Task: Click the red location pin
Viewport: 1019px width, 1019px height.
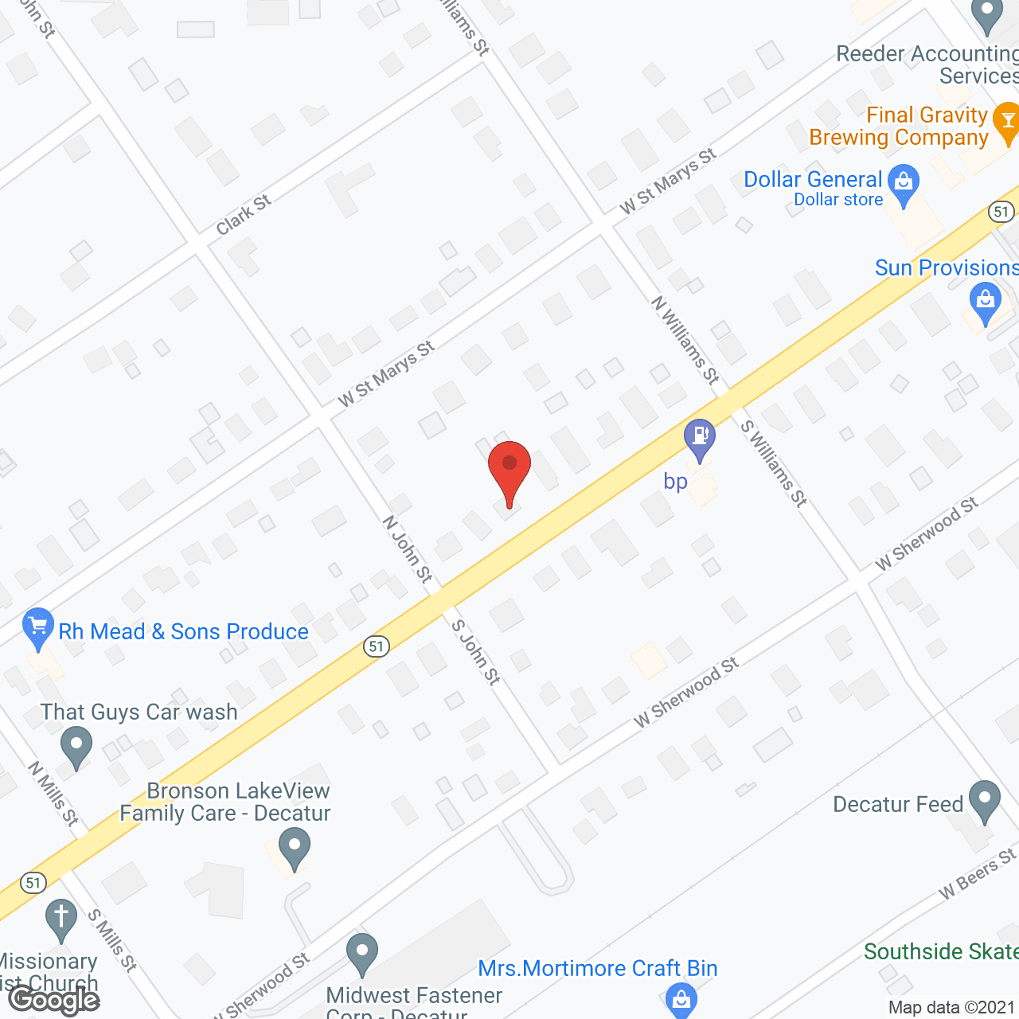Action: click(x=509, y=470)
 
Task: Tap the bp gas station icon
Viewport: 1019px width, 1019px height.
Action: click(x=700, y=437)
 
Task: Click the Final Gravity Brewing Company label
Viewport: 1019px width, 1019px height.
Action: click(x=899, y=127)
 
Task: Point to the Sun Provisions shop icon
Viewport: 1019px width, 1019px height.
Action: click(x=986, y=302)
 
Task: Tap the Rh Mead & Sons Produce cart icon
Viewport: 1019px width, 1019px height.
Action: click(x=38, y=627)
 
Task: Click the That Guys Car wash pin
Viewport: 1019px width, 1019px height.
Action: click(x=76, y=748)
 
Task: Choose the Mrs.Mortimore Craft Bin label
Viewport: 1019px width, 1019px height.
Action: click(x=598, y=968)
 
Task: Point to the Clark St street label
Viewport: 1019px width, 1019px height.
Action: click(x=244, y=215)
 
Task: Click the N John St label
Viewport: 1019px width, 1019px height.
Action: click(x=408, y=549)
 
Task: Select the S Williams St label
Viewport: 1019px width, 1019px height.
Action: click(x=774, y=463)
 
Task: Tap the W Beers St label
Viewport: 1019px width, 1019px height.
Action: click(x=978, y=874)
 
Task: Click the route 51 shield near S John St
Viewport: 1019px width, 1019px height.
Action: click(x=377, y=646)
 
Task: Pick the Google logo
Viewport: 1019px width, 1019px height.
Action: click(x=55, y=1000)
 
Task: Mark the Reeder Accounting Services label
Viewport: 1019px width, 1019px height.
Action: click(x=927, y=64)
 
